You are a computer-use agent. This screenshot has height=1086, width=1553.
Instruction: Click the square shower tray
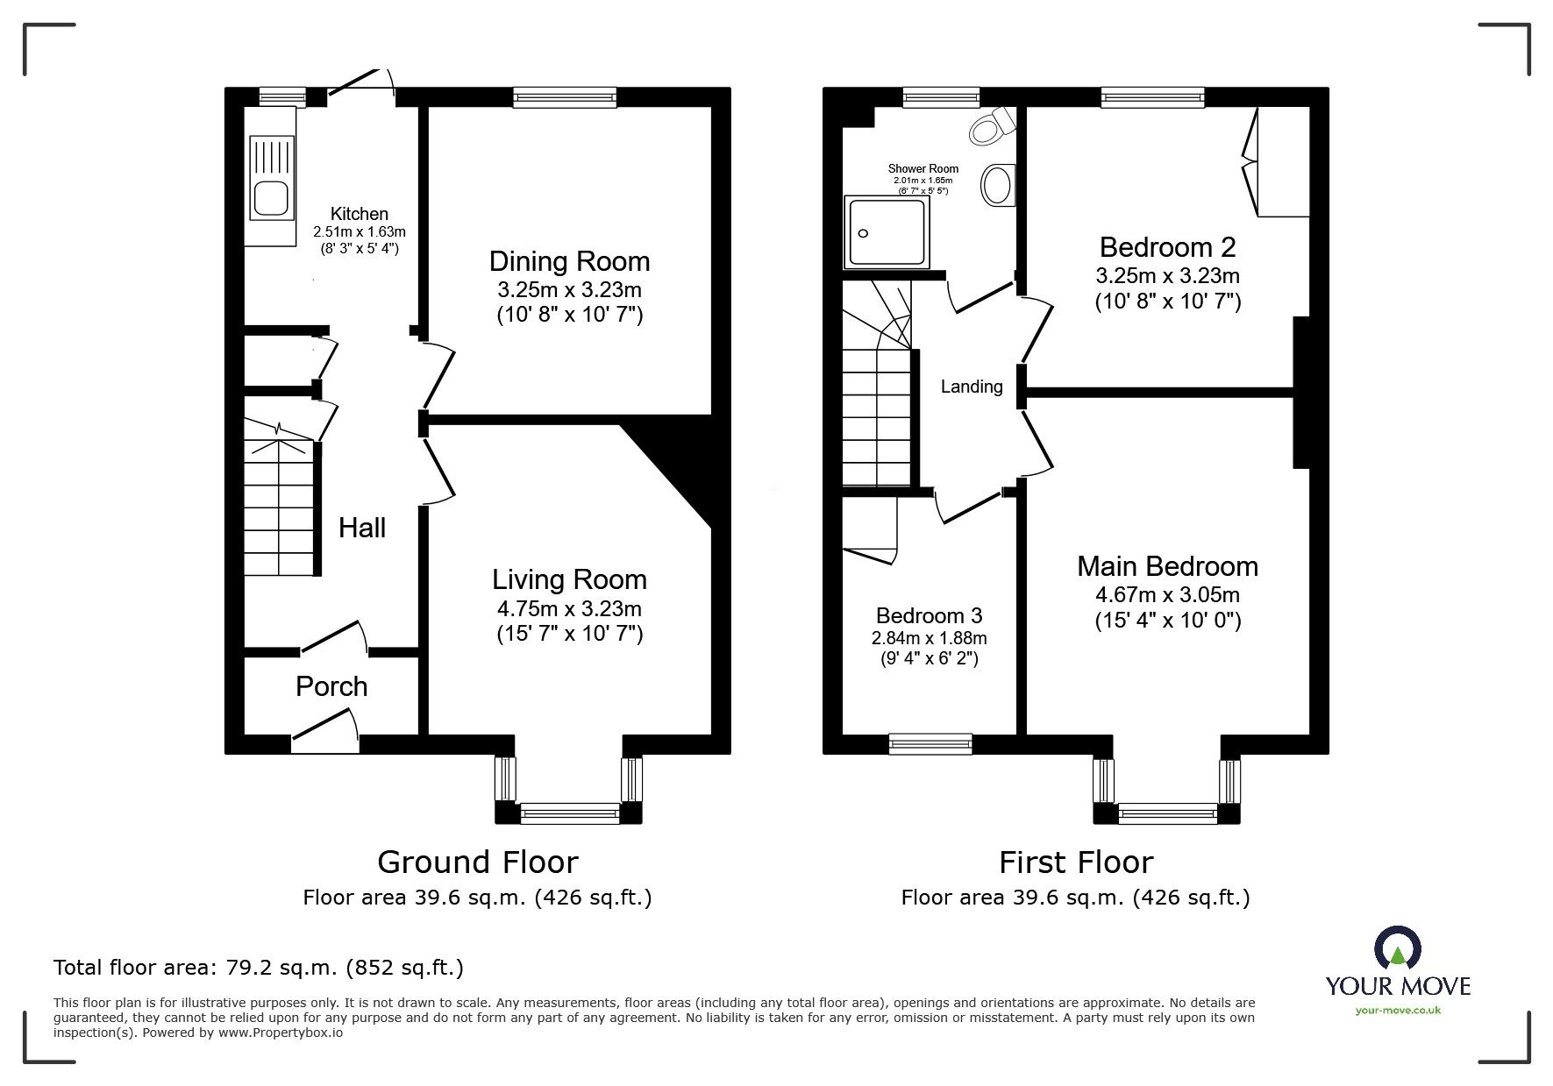coord(885,232)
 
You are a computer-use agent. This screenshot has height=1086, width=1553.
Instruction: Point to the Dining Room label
coord(569,261)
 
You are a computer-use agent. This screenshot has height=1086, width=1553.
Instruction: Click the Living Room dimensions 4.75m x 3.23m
coord(569,608)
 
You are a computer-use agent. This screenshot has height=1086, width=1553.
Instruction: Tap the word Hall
coord(362,528)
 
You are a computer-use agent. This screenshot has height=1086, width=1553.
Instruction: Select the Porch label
coord(331,686)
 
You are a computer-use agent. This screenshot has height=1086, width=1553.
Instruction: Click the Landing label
coord(972,387)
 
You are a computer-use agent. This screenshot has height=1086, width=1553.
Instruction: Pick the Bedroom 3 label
coord(929,615)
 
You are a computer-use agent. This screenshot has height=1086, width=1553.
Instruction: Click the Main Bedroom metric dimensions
coord(1167,595)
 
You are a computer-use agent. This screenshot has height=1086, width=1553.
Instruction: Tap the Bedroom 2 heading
coord(1167,247)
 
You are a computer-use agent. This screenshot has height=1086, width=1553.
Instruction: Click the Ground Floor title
coord(477,862)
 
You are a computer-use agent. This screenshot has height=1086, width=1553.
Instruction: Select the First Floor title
coord(1075,862)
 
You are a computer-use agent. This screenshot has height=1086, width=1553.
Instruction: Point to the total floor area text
coord(259,968)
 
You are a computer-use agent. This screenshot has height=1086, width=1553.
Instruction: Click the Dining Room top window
coord(565,97)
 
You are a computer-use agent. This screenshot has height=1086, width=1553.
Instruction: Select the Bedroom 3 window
coord(930,744)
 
